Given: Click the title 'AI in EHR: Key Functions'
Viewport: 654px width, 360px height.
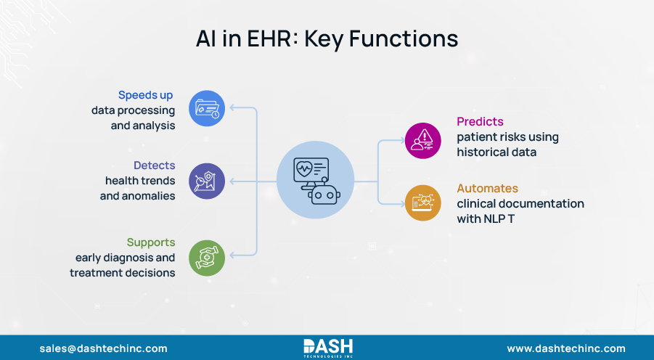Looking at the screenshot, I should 327,38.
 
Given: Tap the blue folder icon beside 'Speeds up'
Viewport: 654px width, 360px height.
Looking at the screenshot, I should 207,109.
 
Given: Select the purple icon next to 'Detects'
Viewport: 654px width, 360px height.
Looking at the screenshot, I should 207,181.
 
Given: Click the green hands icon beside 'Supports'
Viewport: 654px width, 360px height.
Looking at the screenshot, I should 207,258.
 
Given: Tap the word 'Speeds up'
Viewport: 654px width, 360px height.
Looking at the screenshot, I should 146,95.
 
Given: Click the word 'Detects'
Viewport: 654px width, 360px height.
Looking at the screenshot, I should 154,165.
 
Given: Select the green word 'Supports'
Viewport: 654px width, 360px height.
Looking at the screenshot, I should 150,242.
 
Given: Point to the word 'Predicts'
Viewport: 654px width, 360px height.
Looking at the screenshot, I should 480,121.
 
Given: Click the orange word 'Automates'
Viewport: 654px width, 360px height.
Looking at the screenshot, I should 487,188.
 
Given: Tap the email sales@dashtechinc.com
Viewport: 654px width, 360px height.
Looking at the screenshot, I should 103,348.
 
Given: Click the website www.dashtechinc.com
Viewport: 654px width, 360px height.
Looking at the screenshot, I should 566,348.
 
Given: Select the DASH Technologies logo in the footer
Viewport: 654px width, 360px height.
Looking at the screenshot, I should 327,347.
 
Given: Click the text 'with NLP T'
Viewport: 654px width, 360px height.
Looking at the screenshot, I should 486,218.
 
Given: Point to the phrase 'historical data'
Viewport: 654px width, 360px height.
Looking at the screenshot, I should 496,152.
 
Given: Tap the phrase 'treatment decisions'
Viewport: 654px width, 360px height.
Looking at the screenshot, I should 123,273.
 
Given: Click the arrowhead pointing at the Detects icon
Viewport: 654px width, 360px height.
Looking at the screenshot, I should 232,181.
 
